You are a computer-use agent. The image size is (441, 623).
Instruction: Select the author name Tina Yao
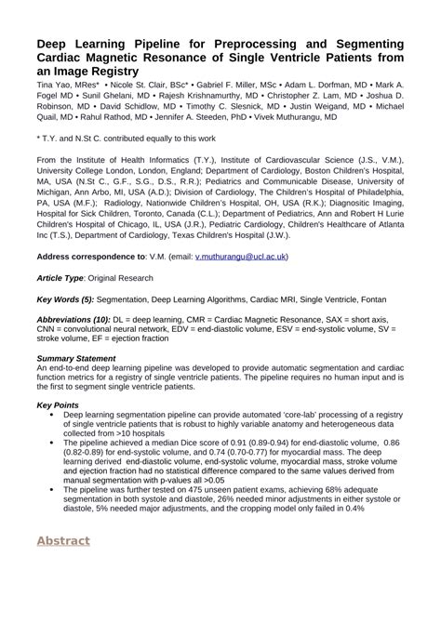pos(54,85)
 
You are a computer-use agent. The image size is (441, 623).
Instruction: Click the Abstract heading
pos(63,540)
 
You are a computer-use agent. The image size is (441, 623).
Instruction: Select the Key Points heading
pos(57,405)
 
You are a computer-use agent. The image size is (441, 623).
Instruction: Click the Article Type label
pos(60,277)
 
